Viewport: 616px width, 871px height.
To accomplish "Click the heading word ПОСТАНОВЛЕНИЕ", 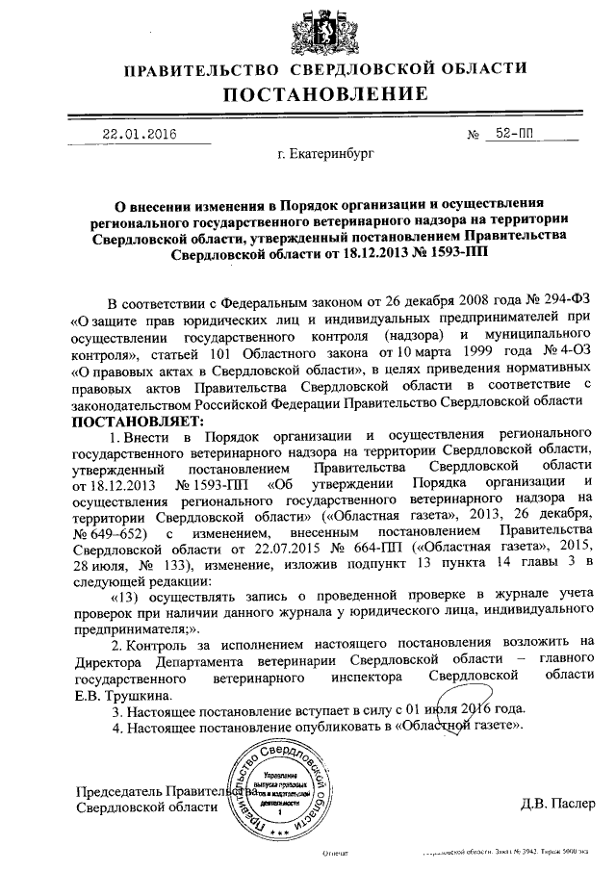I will click(325, 94).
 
